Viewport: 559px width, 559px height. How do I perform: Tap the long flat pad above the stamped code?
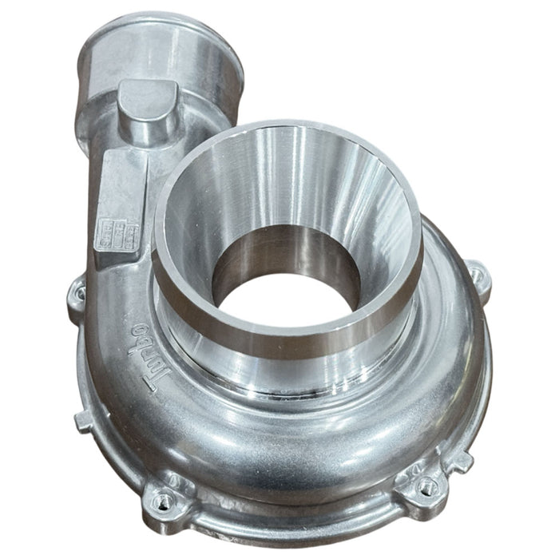click(x=120, y=184)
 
